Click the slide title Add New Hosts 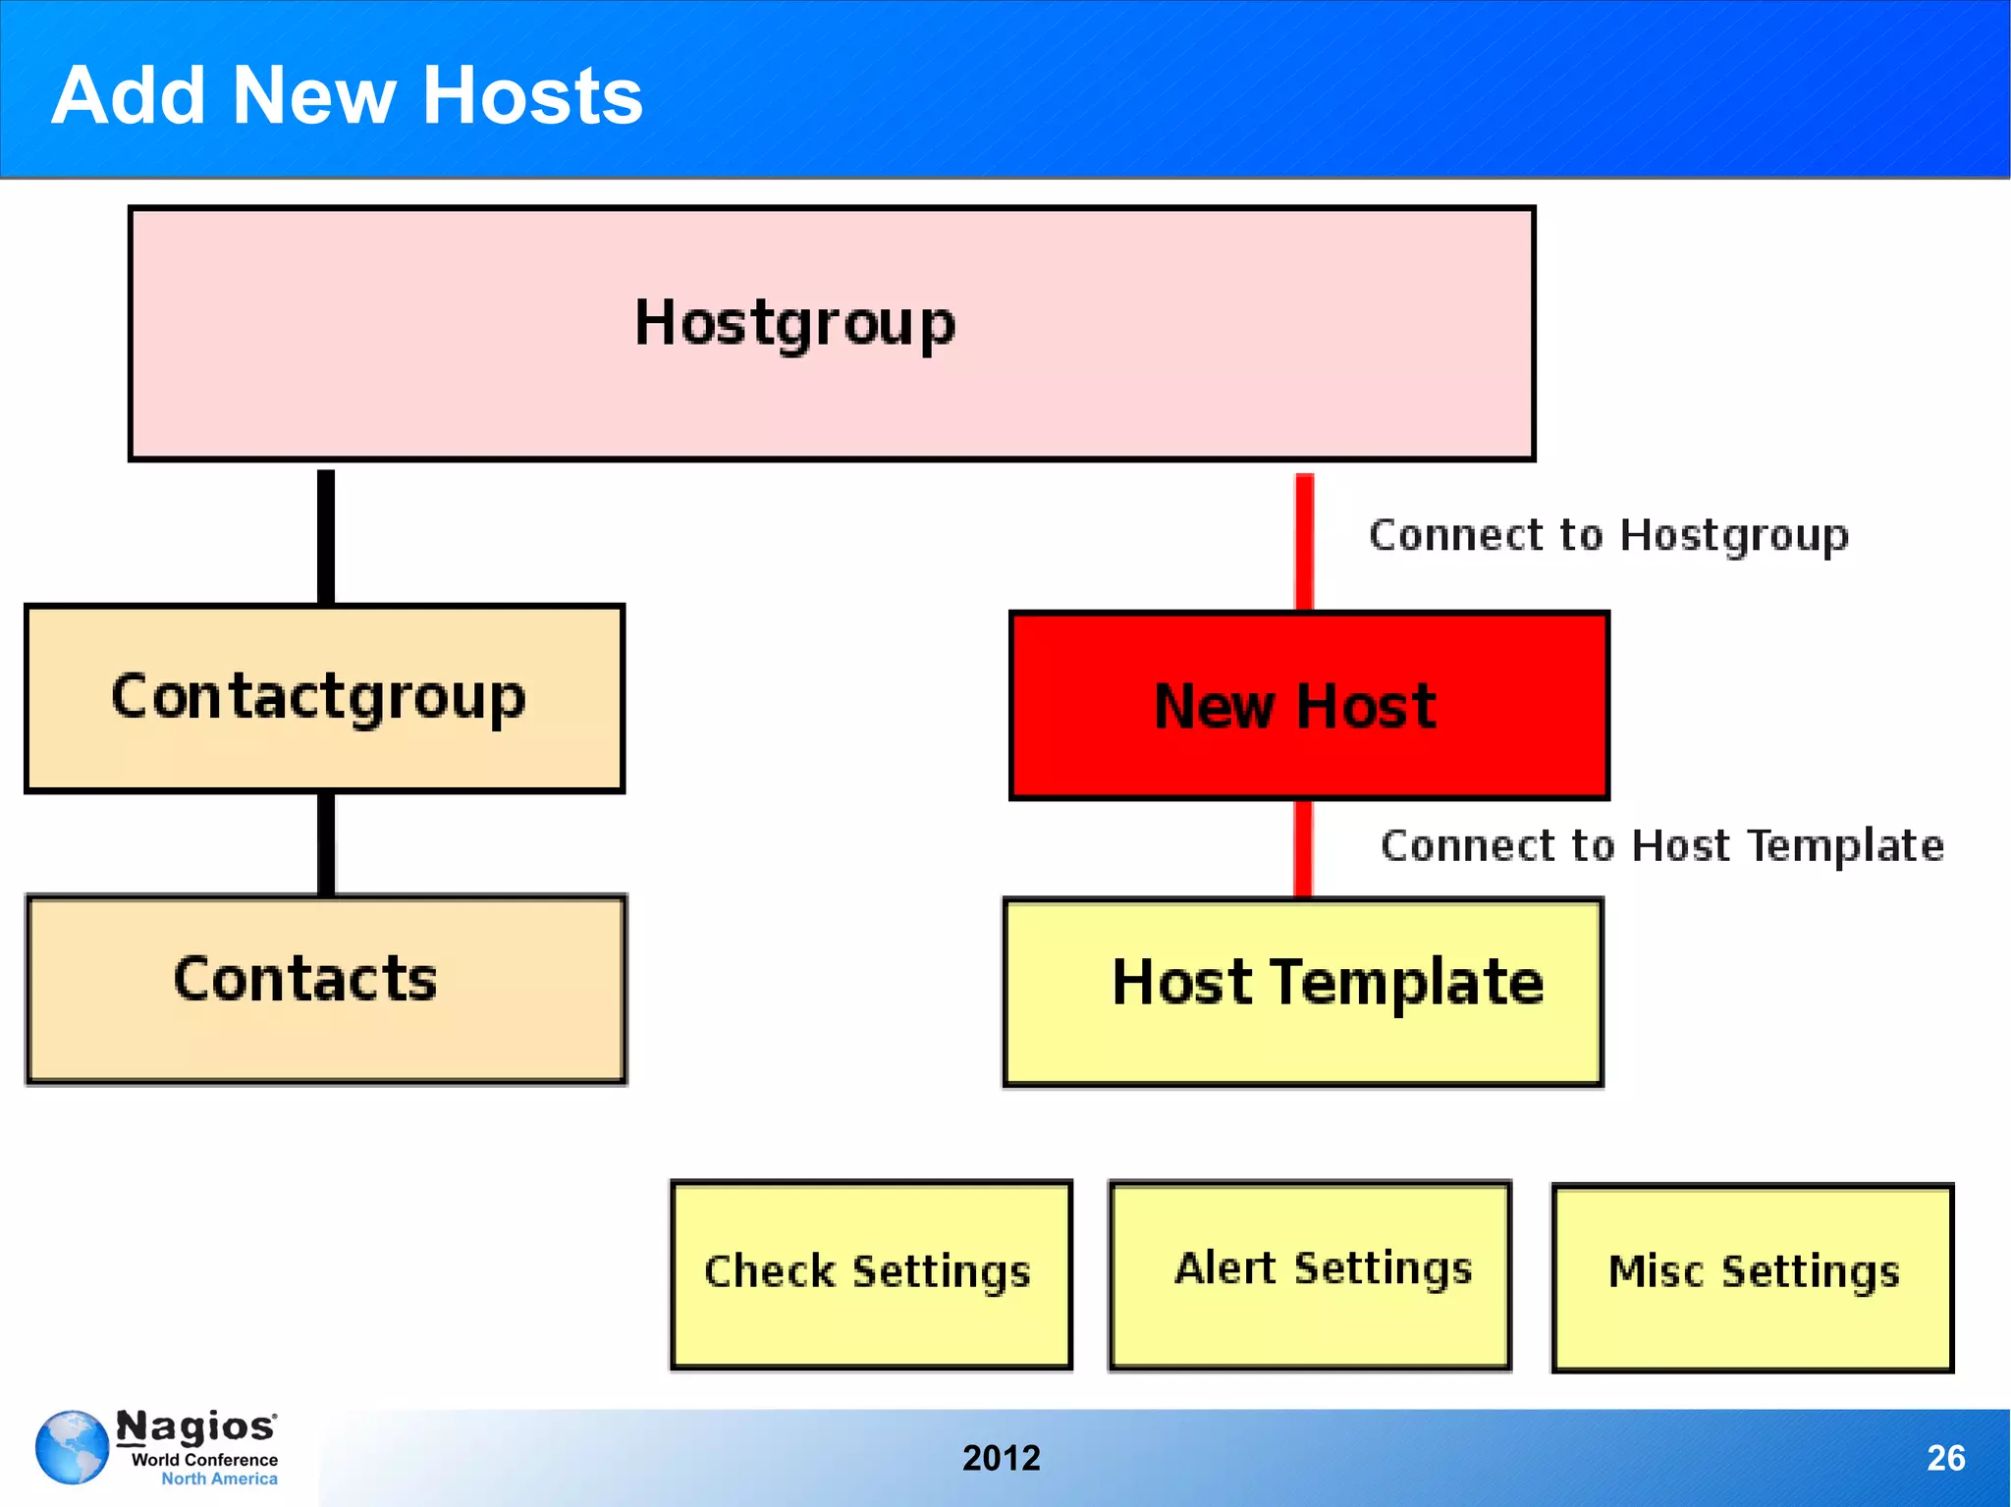pos(347,95)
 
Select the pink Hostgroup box pos(831,333)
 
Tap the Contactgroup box pos(324,698)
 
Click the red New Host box pos(1308,705)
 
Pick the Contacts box pos(325,989)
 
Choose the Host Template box pos(1302,992)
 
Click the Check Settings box pos(870,1273)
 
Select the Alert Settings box pos(1309,1273)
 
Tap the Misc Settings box pos(1752,1276)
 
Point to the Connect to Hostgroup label pos(1608,535)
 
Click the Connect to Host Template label pos(1661,845)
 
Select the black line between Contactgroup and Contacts pos(326,843)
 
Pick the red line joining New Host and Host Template pos(1303,847)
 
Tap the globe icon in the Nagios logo pos(72,1447)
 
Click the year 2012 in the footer pos(1001,1458)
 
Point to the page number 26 pos(1945,1458)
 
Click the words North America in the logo pos(219,1479)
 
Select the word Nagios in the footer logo pos(195,1426)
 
